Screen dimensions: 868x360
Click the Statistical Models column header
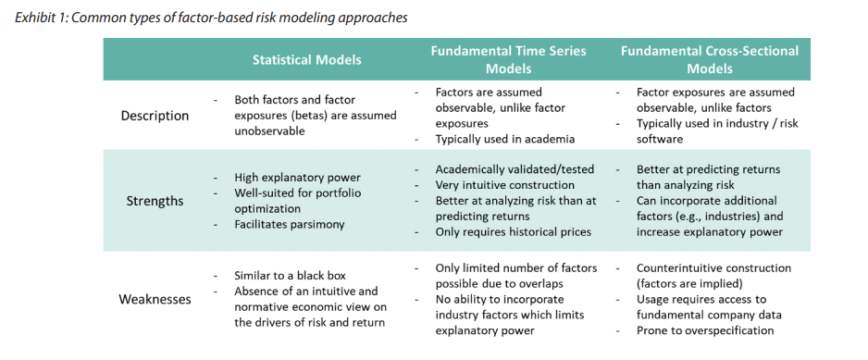[x=306, y=59]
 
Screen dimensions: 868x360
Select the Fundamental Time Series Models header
[x=509, y=59]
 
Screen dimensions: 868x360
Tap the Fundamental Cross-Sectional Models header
[x=710, y=59]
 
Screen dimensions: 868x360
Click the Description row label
[x=155, y=116]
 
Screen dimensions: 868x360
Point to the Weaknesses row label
[x=155, y=300]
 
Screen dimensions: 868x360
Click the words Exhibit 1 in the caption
[x=42, y=18]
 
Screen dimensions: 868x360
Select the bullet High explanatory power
[x=298, y=178]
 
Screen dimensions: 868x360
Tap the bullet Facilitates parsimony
[x=290, y=224]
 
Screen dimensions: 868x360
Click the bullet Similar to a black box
[x=291, y=275]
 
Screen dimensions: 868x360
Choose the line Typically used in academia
[x=505, y=139]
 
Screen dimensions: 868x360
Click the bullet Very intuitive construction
[x=505, y=185]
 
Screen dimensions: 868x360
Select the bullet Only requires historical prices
[x=514, y=231]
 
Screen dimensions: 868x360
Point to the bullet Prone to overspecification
[x=705, y=330]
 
